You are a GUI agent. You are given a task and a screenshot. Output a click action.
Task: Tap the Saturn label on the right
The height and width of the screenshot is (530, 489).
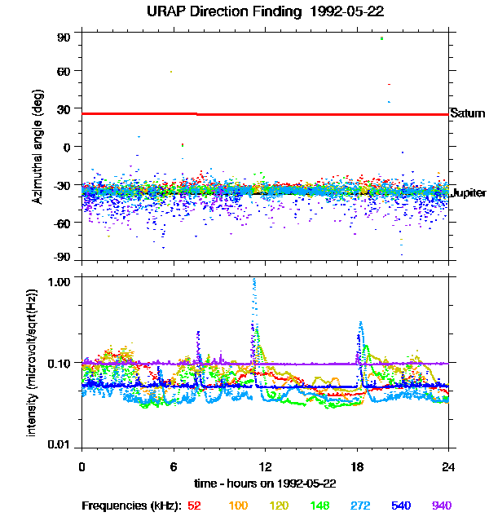click(x=467, y=113)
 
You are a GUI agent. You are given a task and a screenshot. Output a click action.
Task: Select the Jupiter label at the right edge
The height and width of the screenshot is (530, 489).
click(x=468, y=192)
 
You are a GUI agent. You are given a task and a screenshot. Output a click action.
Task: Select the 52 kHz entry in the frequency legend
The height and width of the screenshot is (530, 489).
click(x=194, y=506)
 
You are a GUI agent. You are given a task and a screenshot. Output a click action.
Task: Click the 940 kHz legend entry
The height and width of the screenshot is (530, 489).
click(x=441, y=506)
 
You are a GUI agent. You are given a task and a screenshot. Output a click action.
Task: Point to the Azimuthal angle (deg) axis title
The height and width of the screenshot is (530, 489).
click(x=37, y=147)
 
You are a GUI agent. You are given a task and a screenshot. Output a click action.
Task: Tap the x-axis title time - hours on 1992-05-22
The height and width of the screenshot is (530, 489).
click(x=265, y=484)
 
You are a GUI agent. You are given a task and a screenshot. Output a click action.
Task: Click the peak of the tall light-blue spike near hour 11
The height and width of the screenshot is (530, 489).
click(x=254, y=280)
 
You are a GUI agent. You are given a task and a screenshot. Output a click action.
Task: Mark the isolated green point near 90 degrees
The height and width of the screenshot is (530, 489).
click(x=381, y=38)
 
